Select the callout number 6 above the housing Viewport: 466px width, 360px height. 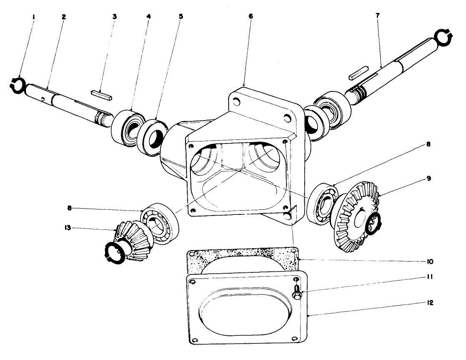tap(250, 16)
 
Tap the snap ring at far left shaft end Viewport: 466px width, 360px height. tap(17, 84)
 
